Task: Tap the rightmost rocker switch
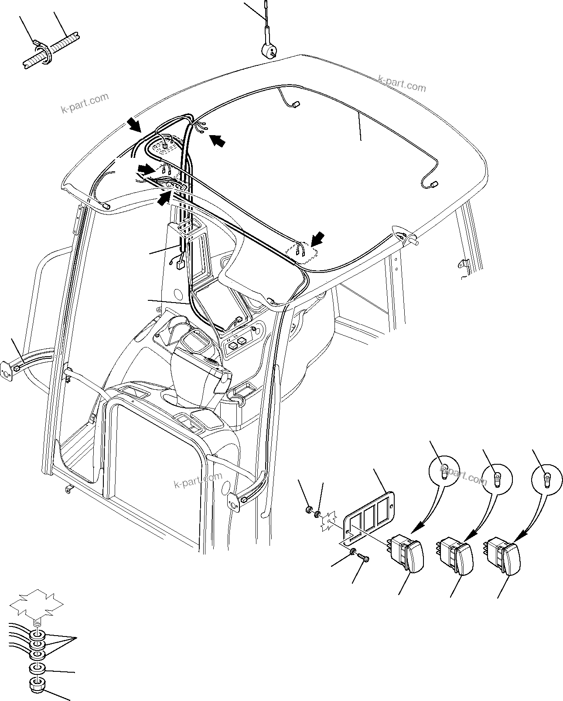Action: [x=503, y=554]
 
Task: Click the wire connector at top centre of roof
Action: [x=295, y=104]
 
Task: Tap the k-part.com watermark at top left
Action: [x=85, y=103]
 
